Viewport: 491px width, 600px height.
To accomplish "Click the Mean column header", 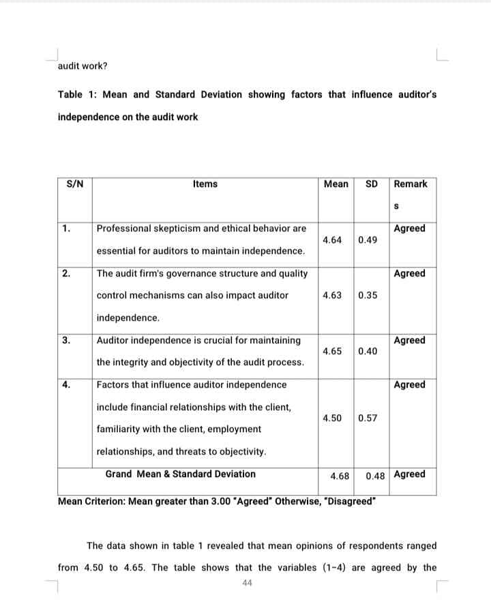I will click(336, 184).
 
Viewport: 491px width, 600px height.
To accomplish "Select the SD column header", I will click(372, 184).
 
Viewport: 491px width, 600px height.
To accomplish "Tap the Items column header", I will click(205, 184).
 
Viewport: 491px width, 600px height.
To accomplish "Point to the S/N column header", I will click(75, 184).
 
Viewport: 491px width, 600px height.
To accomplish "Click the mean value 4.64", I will click(333, 240).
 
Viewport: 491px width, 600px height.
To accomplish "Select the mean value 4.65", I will click(333, 352).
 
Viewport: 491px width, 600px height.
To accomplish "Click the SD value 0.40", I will click(368, 352).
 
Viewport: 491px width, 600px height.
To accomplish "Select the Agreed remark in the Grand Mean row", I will click(410, 474).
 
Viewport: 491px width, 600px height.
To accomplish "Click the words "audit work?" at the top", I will click(83, 66).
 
